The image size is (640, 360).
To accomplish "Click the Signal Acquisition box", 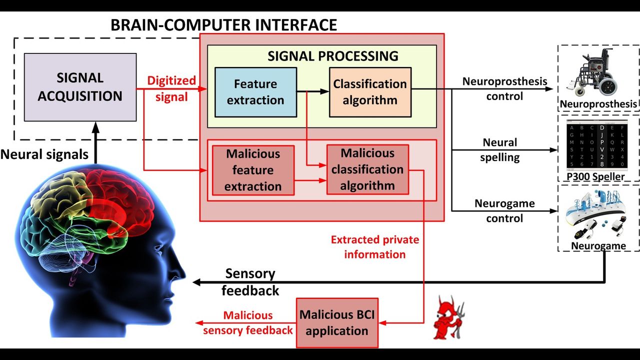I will pos(80,87).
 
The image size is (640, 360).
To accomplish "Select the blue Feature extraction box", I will pos(255,92).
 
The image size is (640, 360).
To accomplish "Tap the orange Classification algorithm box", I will pos(370,92).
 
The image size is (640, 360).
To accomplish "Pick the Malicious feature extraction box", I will pos(253,170).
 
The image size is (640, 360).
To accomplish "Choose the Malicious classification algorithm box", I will pos(367,169).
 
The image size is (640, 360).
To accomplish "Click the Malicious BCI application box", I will pos(337,322).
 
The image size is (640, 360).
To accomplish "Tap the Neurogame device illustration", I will pos(597,215).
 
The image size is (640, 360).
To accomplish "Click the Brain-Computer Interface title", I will pos(223,24).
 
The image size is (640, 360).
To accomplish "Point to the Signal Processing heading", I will pos(333,55).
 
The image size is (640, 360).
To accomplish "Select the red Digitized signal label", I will pos(171,88).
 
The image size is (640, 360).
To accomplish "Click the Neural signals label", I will pos(44,154).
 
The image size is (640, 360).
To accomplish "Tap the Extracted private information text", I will pos(375,247).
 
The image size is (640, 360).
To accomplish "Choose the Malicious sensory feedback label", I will pos(248,322).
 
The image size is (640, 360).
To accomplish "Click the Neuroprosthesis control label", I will pos(504,88).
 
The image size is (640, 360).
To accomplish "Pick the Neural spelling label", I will pos(500,150).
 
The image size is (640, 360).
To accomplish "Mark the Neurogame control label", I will pos(504,211).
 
